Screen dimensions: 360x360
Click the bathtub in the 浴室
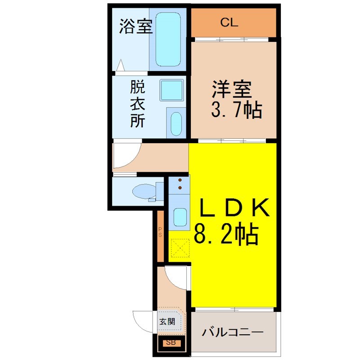click(168, 39)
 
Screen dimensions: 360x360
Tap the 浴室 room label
click(135, 27)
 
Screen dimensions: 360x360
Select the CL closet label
click(229, 22)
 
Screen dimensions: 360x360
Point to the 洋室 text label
click(232, 89)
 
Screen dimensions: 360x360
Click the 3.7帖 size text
click(237, 110)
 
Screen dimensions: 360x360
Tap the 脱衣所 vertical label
click(137, 103)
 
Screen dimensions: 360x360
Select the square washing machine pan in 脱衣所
click(172, 90)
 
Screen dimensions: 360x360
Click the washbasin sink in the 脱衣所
click(176, 124)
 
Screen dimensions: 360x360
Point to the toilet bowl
click(144, 191)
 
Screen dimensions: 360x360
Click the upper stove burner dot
click(180, 180)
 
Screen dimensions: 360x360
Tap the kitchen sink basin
click(180, 217)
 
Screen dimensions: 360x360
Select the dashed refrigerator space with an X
click(180, 248)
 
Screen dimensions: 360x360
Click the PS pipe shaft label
click(160, 232)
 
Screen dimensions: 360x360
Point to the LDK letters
click(234, 207)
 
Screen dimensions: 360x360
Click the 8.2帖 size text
click(226, 234)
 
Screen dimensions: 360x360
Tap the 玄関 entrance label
click(167, 322)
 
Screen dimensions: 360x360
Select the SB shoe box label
click(171, 343)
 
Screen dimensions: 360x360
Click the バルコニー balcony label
click(232, 332)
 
